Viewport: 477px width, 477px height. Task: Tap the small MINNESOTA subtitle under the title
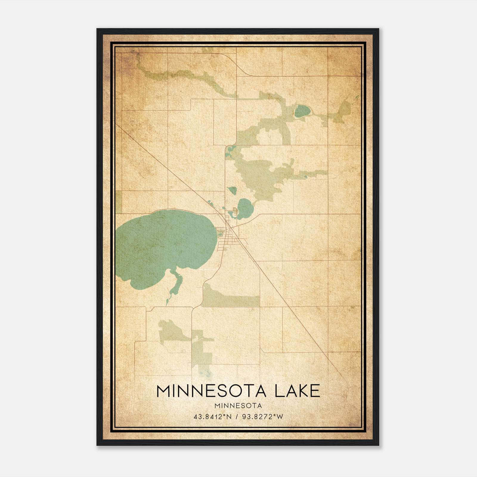pyautogui.click(x=238, y=406)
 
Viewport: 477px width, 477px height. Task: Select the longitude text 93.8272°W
pyautogui.click(x=263, y=417)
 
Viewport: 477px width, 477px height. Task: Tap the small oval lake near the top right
pyautogui.click(x=302, y=111)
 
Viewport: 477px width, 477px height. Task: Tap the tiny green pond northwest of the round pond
pyautogui.click(x=232, y=190)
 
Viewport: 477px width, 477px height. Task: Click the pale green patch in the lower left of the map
pyautogui.click(x=173, y=331)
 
